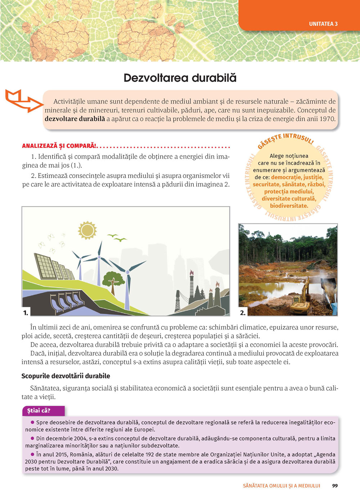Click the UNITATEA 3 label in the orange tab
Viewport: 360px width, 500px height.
pos(323,24)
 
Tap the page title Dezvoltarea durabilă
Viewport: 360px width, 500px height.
pos(180,78)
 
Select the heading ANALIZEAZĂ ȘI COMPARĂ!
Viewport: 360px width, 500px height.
pos(59,146)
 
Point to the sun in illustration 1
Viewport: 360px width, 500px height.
pos(87,230)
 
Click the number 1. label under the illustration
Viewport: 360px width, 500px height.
pos(26,313)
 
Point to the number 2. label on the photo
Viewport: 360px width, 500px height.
pos(243,313)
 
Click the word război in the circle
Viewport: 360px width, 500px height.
pos(316,185)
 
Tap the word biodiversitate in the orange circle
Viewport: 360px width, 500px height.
pos(289,206)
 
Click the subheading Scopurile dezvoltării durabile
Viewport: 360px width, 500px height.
pos(66,376)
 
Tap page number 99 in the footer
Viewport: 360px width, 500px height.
pos(335,486)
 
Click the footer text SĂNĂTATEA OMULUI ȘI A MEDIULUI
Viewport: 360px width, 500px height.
pos(282,486)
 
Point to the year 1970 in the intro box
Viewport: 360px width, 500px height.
pos(327,119)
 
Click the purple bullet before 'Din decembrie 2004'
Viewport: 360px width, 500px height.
pos(33,438)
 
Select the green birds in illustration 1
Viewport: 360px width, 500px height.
pos(117,237)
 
